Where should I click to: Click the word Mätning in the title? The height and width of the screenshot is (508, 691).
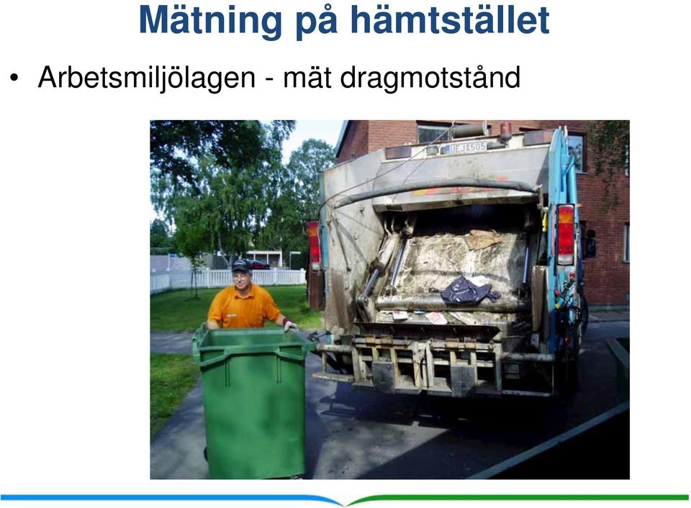[210, 20]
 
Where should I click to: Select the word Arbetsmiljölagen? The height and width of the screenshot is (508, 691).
[147, 78]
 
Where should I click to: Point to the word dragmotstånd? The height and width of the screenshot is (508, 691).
[430, 78]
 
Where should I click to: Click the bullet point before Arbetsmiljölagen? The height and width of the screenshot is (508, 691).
[14, 78]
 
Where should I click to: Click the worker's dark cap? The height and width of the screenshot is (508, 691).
[241, 266]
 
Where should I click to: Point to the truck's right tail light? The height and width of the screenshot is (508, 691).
[566, 235]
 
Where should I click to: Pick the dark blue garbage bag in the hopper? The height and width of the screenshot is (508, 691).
[469, 291]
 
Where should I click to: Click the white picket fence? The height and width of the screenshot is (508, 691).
[227, 279]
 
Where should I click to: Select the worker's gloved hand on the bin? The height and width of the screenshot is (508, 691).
[290, 326]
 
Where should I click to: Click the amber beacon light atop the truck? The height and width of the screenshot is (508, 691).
[505, 130]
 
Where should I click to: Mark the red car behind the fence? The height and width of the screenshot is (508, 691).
[258, 265]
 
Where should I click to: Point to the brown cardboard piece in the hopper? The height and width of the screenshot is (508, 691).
[484, 239]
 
